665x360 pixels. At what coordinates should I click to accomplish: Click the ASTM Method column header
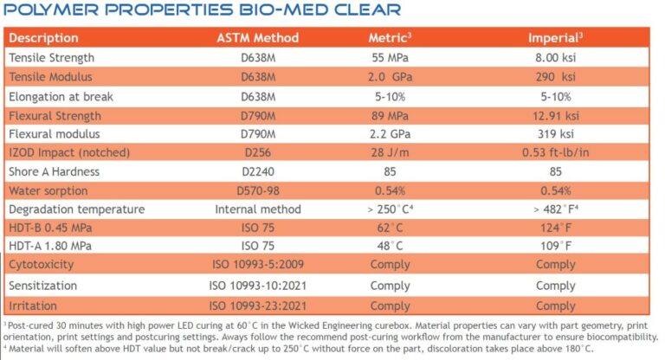(x=257, y=38)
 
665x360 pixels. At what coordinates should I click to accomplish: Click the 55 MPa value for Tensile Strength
(x=390, y=58)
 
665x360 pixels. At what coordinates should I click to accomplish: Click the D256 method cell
(x=257, y=153)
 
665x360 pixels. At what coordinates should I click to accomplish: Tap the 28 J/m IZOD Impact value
(x=390, y=153)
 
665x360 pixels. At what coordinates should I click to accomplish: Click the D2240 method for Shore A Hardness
(x=257, y=172)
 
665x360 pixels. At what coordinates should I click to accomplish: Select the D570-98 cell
(x=257, y=190)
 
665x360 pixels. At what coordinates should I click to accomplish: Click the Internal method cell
(x=257, y=209)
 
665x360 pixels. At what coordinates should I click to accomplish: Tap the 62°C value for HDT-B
(x=390, y=228)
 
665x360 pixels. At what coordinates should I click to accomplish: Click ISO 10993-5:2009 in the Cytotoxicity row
(x=257, y=266)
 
